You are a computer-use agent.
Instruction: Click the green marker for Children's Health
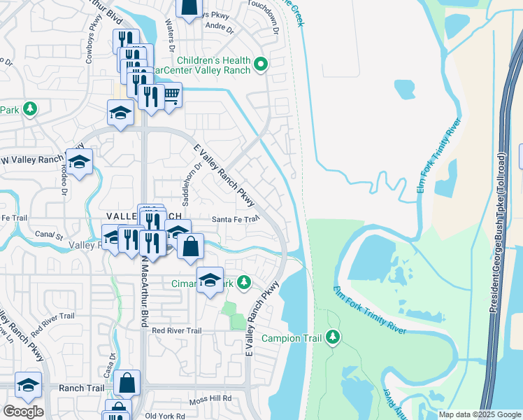click(261, 65)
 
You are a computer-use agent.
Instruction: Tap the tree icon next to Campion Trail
click(333, 338)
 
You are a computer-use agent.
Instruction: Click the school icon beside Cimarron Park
click(209, 281)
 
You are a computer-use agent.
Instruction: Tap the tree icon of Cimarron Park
click(243, 283)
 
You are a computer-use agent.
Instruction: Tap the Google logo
click(23, 412)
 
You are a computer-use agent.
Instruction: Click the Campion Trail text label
click(292, 339)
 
